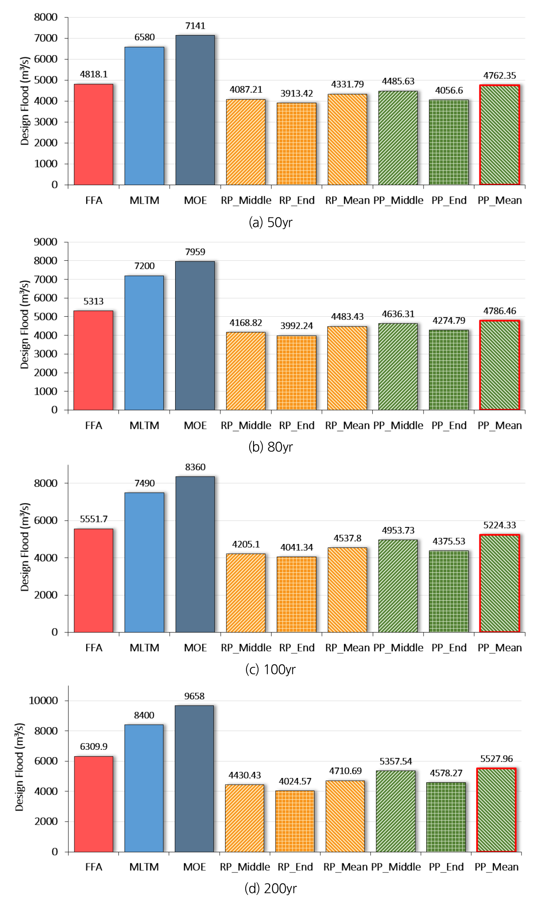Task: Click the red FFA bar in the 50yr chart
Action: coord(93,134)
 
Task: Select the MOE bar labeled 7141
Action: coord(195,110)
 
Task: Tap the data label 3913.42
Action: coord(296,93)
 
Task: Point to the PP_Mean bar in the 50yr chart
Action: coord(499,135)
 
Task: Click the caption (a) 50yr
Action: coord(271,223)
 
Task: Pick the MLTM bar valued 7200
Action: coord(144,343)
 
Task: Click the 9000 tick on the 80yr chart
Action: coord(46,242)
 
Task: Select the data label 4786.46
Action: coord(499,311)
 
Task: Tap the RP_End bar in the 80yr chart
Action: coord(296,373)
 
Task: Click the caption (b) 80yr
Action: coord(271,447)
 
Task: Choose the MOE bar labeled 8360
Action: coord(195,554)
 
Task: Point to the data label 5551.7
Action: coord(93,519)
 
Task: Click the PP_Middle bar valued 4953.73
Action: coord(398,586)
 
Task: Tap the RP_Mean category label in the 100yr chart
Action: coord(347,648)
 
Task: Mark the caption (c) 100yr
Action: coord(271,669)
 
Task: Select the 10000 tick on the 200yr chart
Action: coord(43,700)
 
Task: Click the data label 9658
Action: coord(194,696)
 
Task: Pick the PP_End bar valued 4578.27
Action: coord(446,817)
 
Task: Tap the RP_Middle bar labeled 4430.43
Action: coord(244,818)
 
